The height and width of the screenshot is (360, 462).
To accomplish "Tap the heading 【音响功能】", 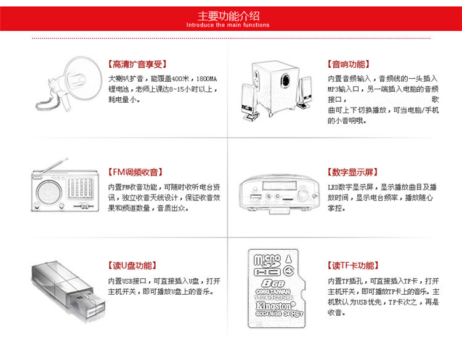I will pos(348,64).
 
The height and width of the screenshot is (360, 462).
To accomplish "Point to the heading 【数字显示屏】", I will pos(352,172).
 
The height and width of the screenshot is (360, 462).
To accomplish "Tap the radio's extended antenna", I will pos(54,166).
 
